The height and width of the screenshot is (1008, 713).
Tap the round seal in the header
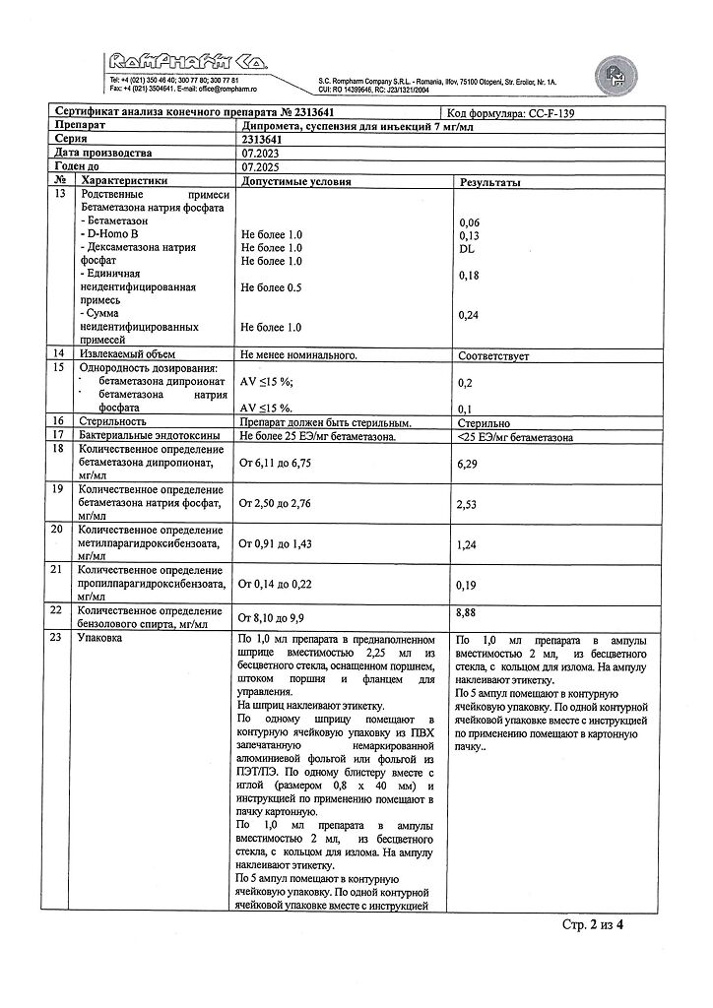click(x=615, y=73)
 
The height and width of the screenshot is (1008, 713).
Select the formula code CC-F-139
click(x=558, y=113)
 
